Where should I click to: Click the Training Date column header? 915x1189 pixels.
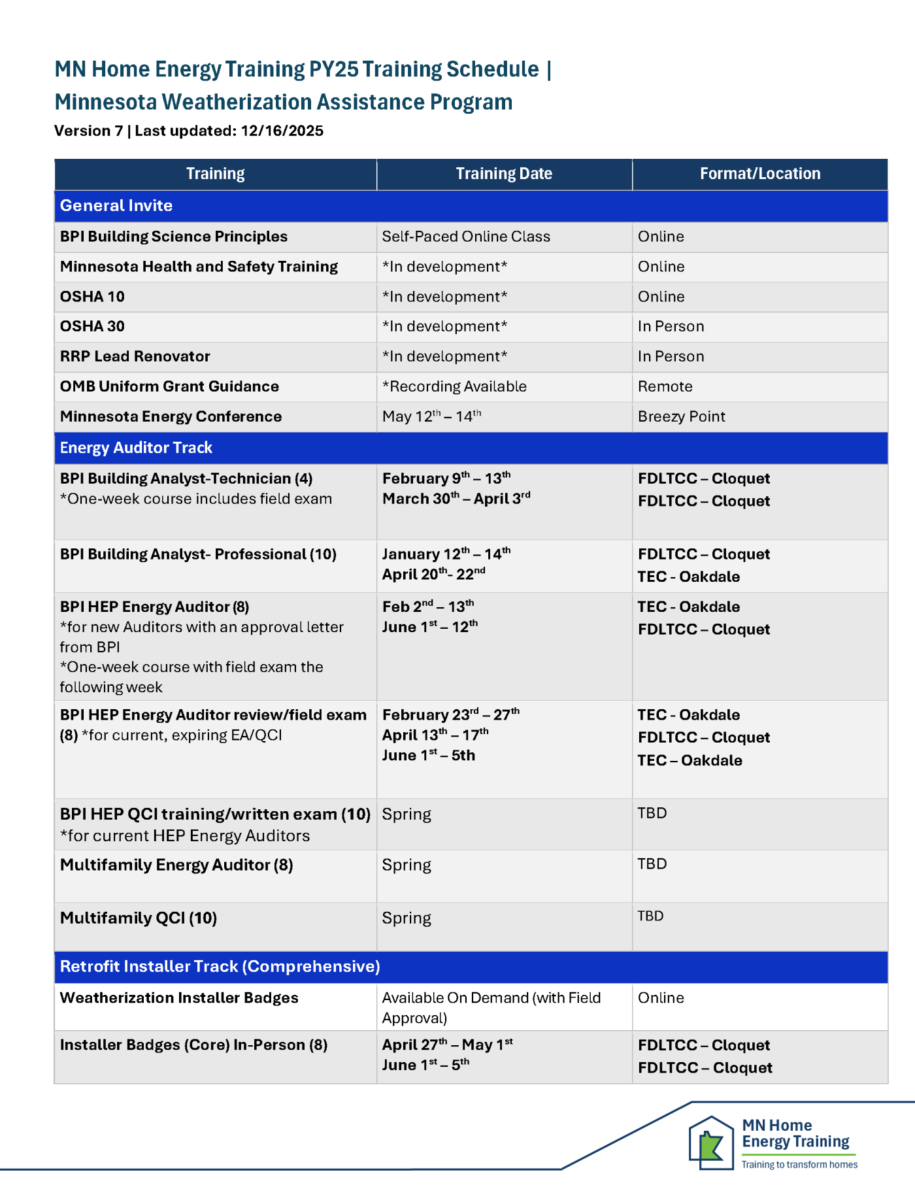(504, 174)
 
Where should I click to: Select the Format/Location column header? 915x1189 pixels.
(759, 174)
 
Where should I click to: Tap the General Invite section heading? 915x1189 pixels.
(116, 206)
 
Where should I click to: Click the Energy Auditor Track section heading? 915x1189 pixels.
(136, 448)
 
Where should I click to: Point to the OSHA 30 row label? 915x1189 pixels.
(92, 326)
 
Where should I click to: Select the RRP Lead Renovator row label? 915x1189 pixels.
(135, 356)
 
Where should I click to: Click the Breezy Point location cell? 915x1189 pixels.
(681, 416)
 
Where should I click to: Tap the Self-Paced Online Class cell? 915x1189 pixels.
(466, 237)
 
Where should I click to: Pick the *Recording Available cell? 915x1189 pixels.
(454, 386)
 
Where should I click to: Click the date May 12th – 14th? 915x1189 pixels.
(431, 416)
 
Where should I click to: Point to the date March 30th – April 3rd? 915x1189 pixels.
(456, 499)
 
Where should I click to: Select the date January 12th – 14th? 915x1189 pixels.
(446, 554)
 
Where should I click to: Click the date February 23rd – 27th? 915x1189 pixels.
(451, 714)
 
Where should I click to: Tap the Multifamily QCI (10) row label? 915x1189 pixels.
(139, 918)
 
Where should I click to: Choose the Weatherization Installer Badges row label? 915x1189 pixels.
(179, 998)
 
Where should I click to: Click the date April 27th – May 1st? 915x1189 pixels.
(448, 1045)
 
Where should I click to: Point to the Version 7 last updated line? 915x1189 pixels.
(189, 131)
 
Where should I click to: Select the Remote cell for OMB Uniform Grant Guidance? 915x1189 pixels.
(665, 386)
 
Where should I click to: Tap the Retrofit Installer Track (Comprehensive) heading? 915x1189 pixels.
(220, 967)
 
